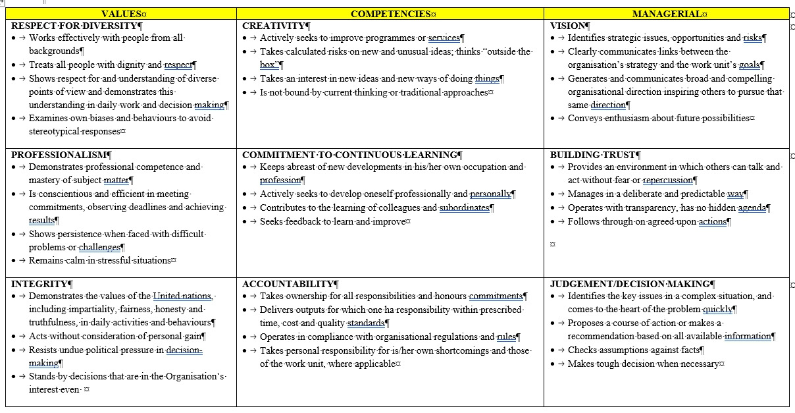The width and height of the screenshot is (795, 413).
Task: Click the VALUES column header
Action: coord(121,14)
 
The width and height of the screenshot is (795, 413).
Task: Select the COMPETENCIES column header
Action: coord(390,14)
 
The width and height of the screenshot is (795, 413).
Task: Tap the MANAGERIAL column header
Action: coord(666,14)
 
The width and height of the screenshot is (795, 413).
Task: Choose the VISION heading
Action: coord(568,26)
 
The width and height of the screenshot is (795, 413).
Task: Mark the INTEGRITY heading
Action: coord(39,284)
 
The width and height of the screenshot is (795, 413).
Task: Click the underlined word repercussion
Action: coord(667,180)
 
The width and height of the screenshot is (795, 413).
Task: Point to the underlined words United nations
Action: coord(182,296)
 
